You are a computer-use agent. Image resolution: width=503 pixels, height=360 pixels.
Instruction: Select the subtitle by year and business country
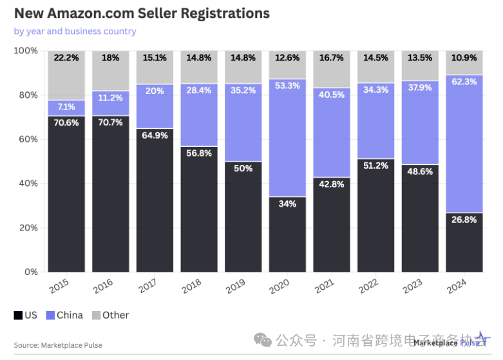point(75,31)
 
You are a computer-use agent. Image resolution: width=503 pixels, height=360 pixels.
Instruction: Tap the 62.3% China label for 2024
point(464,82)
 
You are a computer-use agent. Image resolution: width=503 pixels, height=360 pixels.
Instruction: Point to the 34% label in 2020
point(287,204)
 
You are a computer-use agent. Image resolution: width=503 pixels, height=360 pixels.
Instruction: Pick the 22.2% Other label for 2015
point(66,58)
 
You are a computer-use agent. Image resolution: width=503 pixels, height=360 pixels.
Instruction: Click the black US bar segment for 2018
point(199,213)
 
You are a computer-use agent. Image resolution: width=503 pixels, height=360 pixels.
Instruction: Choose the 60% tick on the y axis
point(26,139)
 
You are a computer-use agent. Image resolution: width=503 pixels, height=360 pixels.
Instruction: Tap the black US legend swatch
point(17,316)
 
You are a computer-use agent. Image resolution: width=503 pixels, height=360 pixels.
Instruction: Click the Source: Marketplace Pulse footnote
point(58,345)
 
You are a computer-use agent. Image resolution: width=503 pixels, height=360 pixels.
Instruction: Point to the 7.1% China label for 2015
point(66,106)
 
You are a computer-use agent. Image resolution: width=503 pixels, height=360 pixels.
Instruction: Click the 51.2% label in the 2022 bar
point(375,166)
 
